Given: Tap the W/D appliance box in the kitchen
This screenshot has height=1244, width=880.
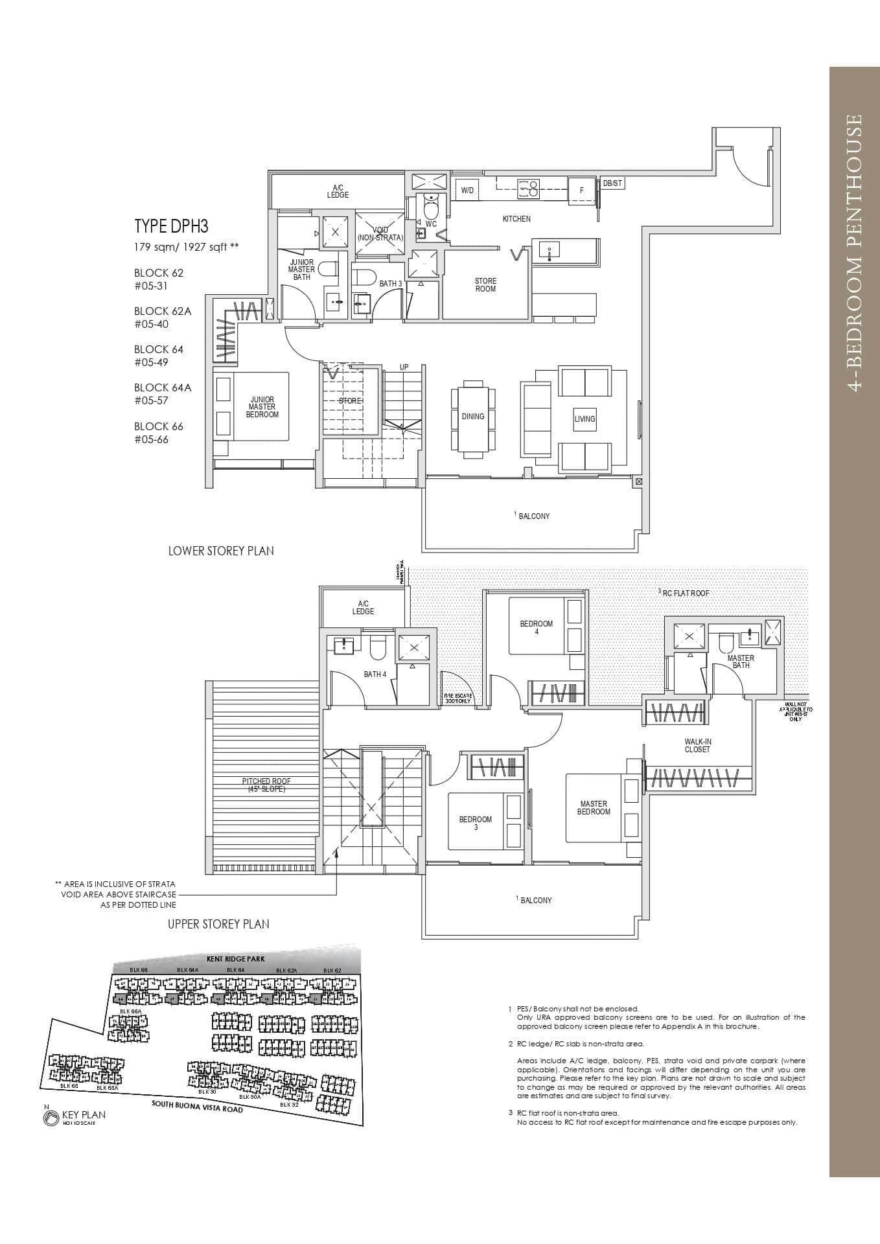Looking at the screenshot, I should point(467,190).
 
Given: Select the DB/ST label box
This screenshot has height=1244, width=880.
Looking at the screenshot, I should point(612,183).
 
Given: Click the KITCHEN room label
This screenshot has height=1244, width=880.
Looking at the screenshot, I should point(516,219).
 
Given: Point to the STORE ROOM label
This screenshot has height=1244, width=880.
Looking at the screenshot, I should point(485,285).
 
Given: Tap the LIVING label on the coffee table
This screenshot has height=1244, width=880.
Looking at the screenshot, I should point(585,419).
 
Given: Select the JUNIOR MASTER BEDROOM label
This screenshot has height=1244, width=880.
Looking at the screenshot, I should point(262,407).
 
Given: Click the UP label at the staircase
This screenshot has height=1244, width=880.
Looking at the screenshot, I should point(404,367).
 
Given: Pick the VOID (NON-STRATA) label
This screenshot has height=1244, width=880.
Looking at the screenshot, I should point(380,234).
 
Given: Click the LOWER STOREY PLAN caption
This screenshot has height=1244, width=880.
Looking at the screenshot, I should point(221,551).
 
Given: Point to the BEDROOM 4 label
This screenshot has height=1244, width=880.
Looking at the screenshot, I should point(537,627).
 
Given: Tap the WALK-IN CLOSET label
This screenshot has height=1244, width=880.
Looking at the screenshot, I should point(697,745).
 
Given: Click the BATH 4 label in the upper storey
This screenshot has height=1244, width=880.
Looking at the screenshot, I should point(375,674).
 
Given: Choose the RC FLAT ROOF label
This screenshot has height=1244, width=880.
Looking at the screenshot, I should point(686,593).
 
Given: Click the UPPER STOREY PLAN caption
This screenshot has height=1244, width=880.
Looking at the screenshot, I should point(218,924).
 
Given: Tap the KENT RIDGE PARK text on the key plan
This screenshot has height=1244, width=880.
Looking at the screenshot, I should point(237,958).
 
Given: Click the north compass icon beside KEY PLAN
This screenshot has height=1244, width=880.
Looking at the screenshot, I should point(50,1118).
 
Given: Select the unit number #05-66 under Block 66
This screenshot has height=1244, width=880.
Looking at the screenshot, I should point(152,439).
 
